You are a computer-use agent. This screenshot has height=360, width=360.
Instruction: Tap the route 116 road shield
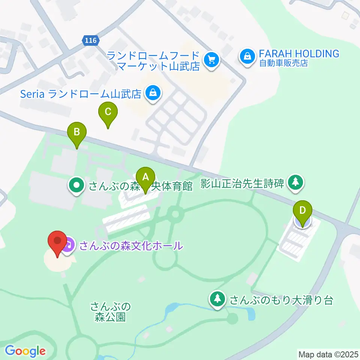(90, 40)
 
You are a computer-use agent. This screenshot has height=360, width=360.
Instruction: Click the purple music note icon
(68, 246)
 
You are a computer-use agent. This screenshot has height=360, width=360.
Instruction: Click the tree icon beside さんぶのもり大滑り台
(217, 299)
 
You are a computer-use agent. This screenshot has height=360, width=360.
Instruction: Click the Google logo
(25, 351)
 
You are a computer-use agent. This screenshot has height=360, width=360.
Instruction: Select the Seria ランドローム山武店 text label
(81, 93)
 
